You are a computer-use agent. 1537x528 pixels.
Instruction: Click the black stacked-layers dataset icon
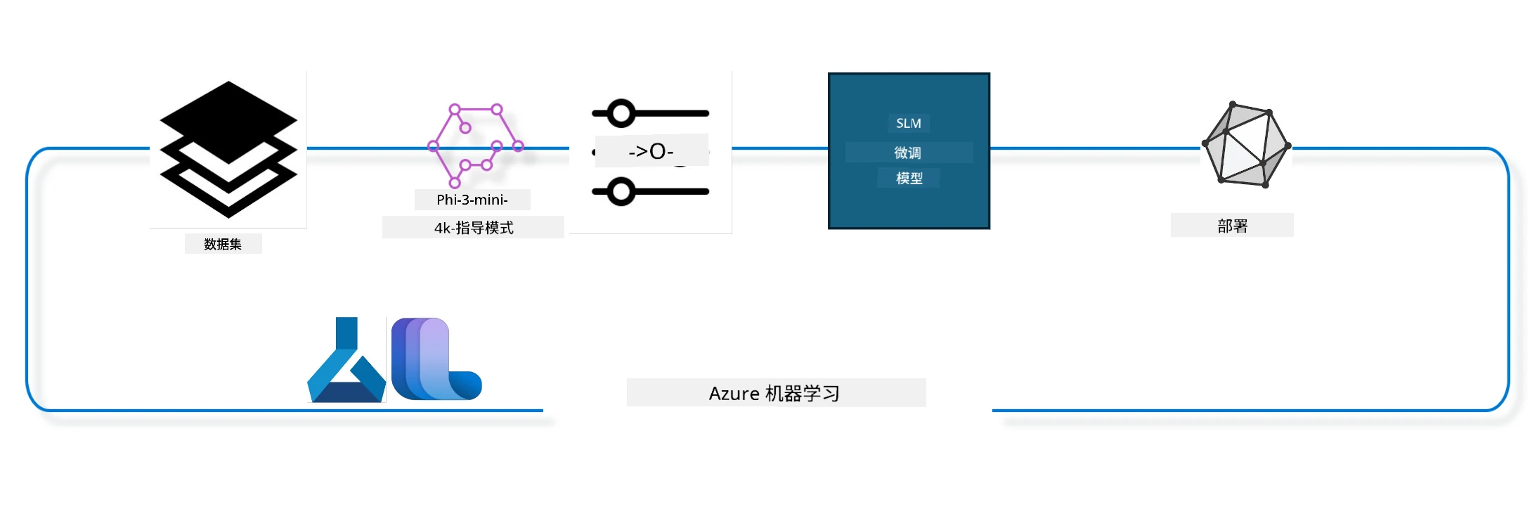coord(228,149)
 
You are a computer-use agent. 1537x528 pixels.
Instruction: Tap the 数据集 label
coord(223,244)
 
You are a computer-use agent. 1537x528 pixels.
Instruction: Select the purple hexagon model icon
coord(476,146)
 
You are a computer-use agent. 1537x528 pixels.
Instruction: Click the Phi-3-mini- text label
coord(472,200)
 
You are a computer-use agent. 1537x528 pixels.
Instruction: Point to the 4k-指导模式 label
coord(474,228)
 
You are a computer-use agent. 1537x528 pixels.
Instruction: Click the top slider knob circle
coord(621,113)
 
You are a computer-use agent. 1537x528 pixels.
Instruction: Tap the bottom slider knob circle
coord(621,191)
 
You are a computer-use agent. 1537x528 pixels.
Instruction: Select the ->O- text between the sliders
coord(651,151)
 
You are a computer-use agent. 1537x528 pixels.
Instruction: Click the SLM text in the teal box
coord(909,123)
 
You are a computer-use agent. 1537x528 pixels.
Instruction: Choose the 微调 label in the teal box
coord(908,153)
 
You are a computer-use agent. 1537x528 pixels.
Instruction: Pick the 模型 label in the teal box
coord(909,179)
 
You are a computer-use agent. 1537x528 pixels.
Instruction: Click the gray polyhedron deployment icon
coord(1247,146)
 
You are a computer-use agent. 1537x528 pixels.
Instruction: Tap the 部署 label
coord(1233,226)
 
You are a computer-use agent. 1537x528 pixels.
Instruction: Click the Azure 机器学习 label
coord(774,393)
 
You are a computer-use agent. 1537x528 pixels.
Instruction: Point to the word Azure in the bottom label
coord(734,393)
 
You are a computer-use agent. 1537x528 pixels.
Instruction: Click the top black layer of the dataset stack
coord(228,122)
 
